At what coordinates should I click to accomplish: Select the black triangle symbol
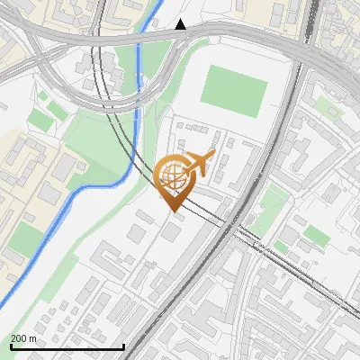pyautogui.click(x=181, y=24)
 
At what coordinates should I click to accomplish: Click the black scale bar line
pyautogui.click(x=67, y=346)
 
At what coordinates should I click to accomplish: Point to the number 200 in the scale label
pyautogui.click(x=19, y=338)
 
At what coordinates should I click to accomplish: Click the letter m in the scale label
pyautogui.click(x=32, y=338)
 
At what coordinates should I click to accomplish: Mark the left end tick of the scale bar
pyautogui.click(x=10, y=346)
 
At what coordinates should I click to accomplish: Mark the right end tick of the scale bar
pyautogui.click(x=123, y=346)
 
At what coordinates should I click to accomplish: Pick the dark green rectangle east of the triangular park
pyautogui.click(x=316, y=236)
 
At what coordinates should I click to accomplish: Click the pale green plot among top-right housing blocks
pyautogui.click(x=329, y=112)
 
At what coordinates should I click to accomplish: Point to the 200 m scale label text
pyautogui.click(x=23, y=338)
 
